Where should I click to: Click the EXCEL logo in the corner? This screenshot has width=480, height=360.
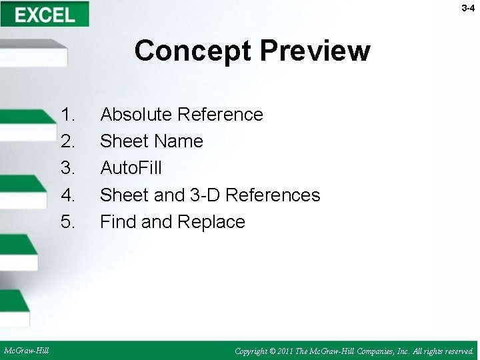[x=45, y=14]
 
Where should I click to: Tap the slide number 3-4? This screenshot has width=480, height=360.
[x=467, y=8]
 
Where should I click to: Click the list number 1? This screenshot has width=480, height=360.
[x=68, y=115]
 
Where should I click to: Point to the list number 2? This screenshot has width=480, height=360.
[x=68, y=141]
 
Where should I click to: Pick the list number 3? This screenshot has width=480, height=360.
[x=68, y=168]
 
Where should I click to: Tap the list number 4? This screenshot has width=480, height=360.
[x=68, y=195]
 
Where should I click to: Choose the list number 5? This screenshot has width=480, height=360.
[x=68, y=221]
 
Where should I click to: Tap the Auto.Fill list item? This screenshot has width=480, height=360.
[x=131, y=168]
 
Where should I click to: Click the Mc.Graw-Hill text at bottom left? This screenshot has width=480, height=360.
[x=26, y=350]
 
